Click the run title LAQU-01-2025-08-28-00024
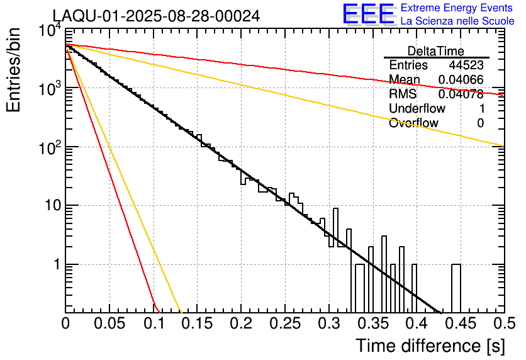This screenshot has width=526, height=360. click(155, 16)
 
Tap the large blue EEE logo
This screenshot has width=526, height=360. click(368, 15)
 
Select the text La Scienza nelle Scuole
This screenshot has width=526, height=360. click(457, 21)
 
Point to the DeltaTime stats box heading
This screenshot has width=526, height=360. click(435, 51)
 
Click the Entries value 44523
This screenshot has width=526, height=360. click(466, 65)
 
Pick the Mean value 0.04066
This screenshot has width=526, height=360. click(461, 80)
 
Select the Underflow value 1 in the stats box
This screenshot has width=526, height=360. click(480, 108)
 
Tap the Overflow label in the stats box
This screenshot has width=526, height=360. click(413, 123)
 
